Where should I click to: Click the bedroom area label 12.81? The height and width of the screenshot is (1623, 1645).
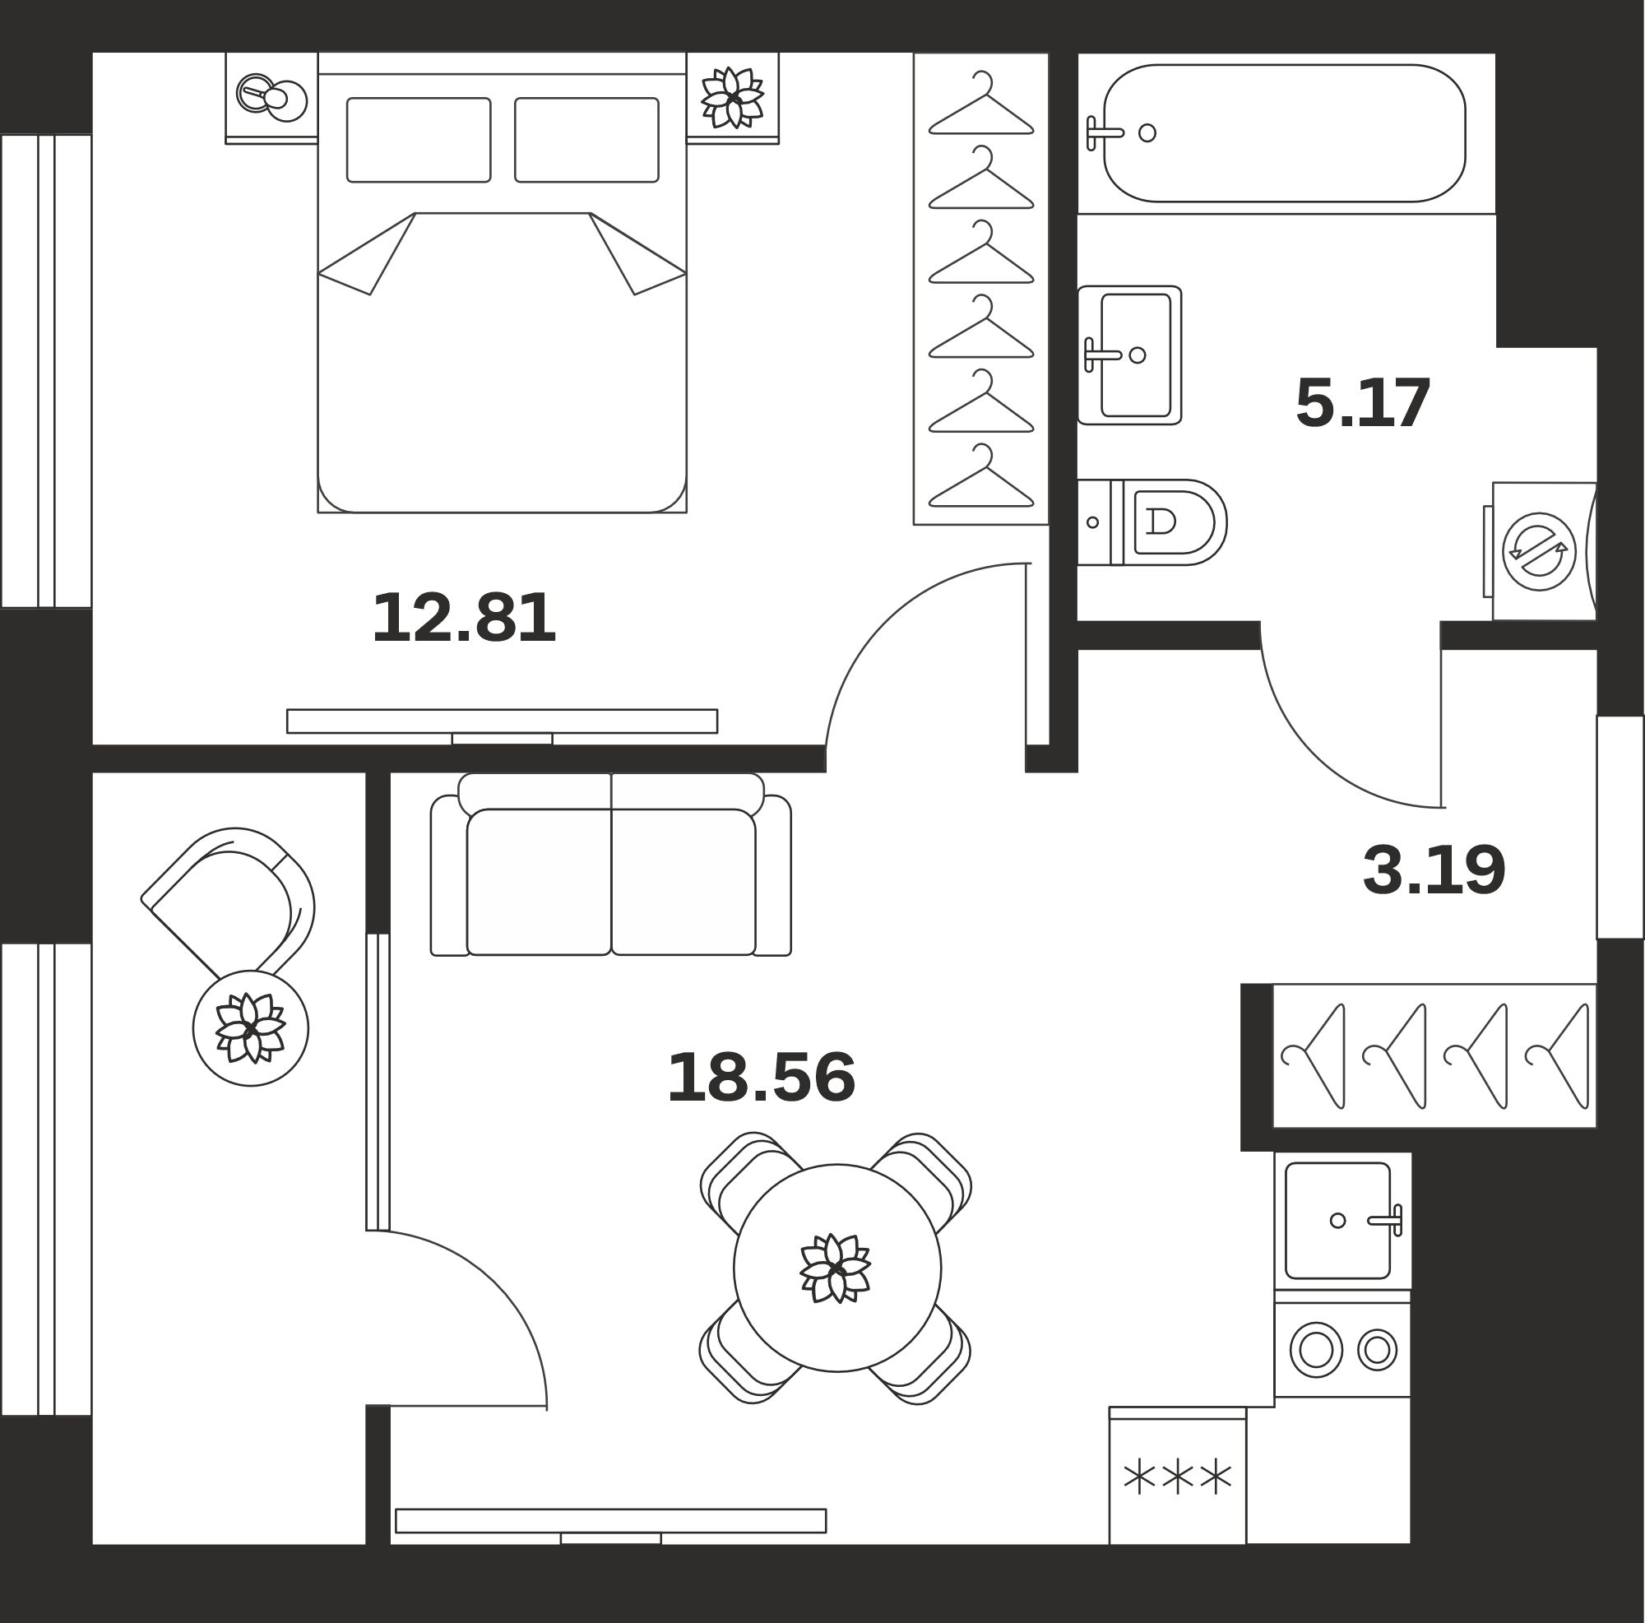pyautogui.click(x=464, y=619)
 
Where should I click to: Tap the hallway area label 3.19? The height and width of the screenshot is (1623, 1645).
pyautogui.click(x=1434, y=869)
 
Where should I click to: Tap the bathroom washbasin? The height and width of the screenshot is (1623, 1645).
pyautogui.click(x=1129, y=355)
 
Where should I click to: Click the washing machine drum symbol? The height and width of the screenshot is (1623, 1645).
pyautogui.click(x=1539, y=551)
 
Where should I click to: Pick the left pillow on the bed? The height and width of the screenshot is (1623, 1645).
pyautogui.click(x=418, y=140)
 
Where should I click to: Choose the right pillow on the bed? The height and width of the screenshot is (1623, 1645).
pyautogui.click(x=586, y=140)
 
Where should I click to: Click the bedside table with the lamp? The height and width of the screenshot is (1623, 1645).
pyautogui.click(x=271, y=98)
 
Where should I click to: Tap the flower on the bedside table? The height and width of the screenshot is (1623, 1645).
pyautogui.click(x=732, y=97)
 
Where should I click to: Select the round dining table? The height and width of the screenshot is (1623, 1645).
pyautogui.click(x=837, y=1268)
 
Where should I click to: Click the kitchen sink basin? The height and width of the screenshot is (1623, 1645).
pyautogui.click(x=1337, y=1220)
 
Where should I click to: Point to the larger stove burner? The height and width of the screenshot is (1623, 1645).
pyautogui.click(x=1316, y=1350)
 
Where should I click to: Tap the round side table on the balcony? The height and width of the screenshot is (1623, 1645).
pyautogui.click(x=250, y=1027)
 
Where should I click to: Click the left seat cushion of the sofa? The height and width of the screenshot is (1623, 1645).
pyautogui.click(x=539, y=881)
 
